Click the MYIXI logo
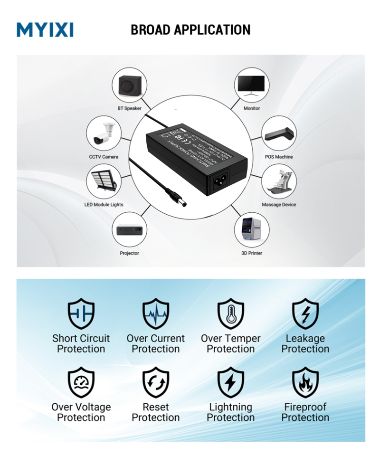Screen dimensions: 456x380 point(45,29)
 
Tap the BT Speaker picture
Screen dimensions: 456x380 point(129,85)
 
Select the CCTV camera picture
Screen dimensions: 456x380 point(104,133)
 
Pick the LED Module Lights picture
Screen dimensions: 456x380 point(104,182)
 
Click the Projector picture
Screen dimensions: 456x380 point(130,230)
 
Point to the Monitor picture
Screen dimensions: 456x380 point(252,85)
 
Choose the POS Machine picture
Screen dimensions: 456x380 point(279,133)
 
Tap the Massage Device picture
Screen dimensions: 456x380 point(279,182)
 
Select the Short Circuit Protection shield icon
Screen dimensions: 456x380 point(81,314)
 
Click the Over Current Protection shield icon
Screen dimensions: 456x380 point(156,314)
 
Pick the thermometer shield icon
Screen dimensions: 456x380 point(231,314)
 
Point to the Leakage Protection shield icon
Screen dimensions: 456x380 point(305,314)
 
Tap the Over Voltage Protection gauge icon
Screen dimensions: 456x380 point(81,382)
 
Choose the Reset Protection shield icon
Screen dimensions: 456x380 point(156,382)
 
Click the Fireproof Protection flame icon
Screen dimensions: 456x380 point(305,382)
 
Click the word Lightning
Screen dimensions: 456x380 point(230,407)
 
